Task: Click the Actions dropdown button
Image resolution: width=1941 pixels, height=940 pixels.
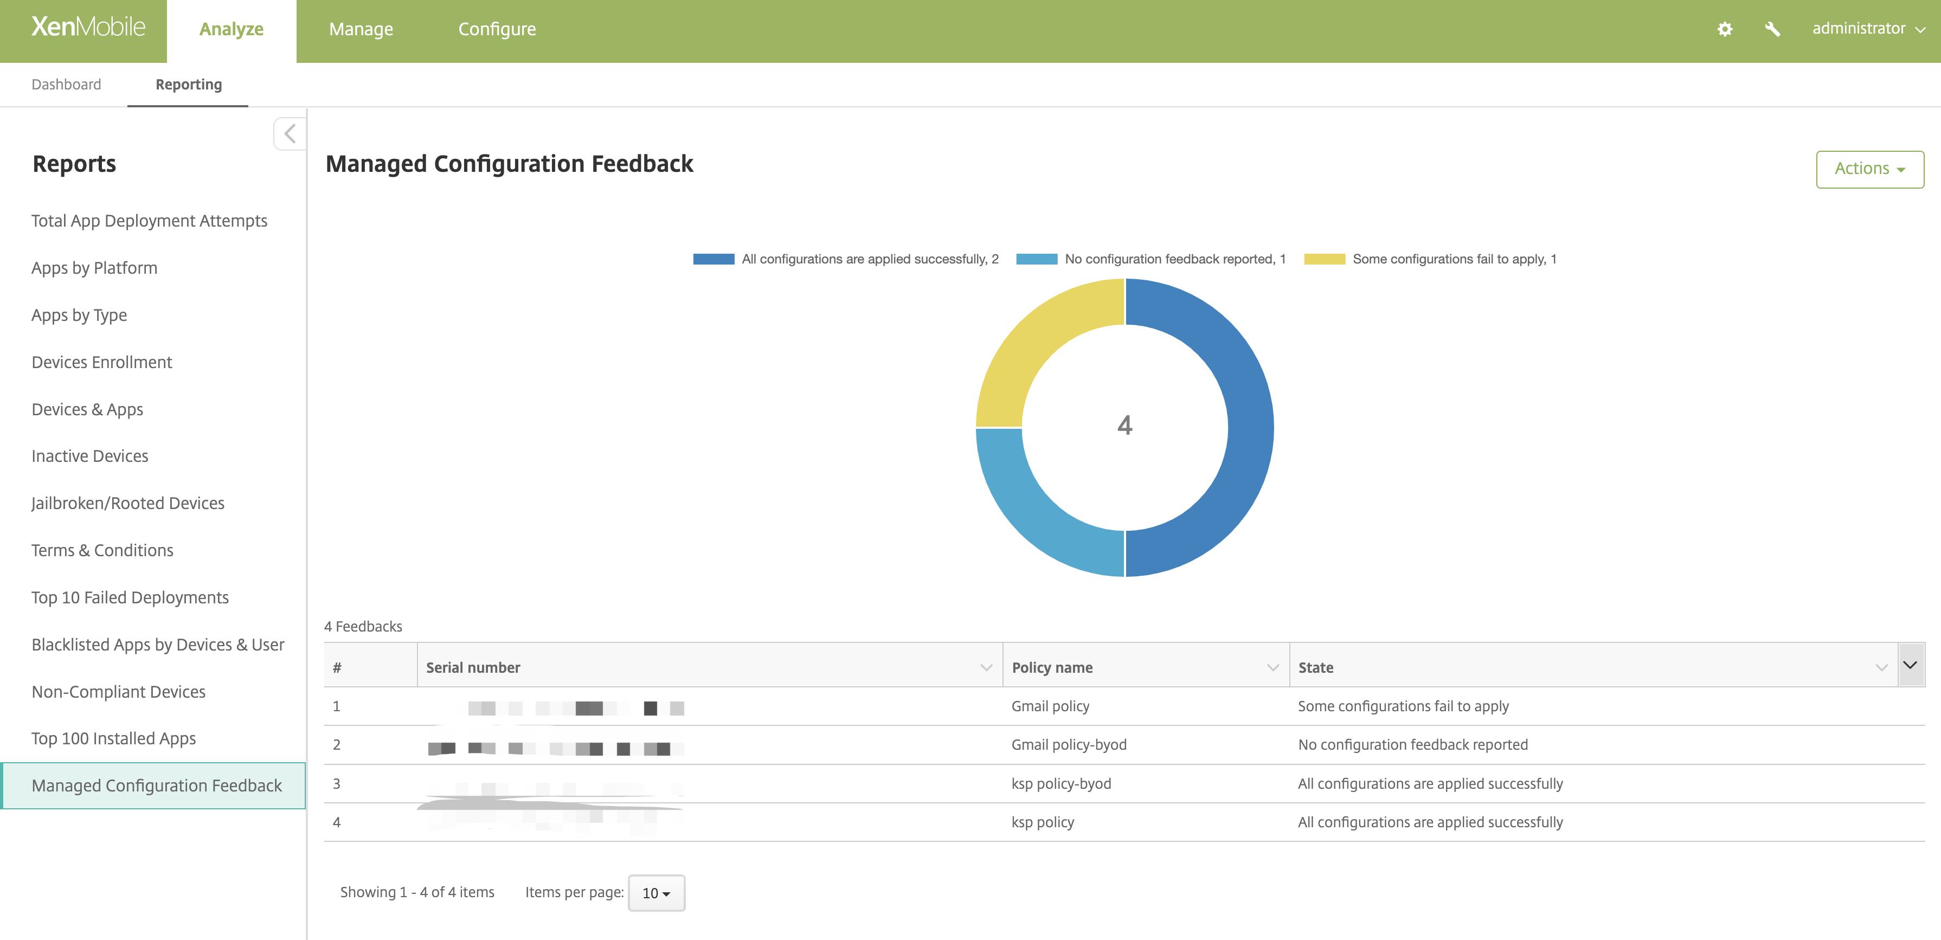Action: click(1869, 169)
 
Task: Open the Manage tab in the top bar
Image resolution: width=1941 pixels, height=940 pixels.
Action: click(361, 29)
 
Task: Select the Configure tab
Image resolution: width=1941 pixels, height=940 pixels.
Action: click(497, 29)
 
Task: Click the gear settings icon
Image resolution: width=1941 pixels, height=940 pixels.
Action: click(1725, 29)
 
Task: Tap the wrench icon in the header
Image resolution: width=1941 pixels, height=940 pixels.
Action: click(1772, 29)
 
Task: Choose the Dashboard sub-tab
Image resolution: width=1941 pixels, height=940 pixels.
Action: click(66, 85)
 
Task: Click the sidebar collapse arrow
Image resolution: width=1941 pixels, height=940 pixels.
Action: click(290, 134)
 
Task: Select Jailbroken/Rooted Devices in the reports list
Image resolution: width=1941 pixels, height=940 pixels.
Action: click(128, 503)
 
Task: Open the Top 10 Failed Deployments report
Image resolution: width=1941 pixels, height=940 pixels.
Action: click(130, 597)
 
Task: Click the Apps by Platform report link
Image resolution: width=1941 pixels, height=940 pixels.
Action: click(94, 268)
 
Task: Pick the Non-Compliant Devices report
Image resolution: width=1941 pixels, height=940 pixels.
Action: click(118, 691)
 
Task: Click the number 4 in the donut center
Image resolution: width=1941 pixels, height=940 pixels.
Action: click(1124, 426)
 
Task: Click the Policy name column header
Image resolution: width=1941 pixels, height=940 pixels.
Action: click(1052, 667)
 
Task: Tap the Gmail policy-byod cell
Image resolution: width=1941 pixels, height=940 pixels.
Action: click(1069, 745)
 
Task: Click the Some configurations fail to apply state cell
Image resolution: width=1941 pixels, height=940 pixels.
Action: click(1403, 706)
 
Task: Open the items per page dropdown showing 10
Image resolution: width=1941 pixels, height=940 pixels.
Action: click(655, 892)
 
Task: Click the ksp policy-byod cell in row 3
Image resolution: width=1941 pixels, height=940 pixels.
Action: click(1061, 784)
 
